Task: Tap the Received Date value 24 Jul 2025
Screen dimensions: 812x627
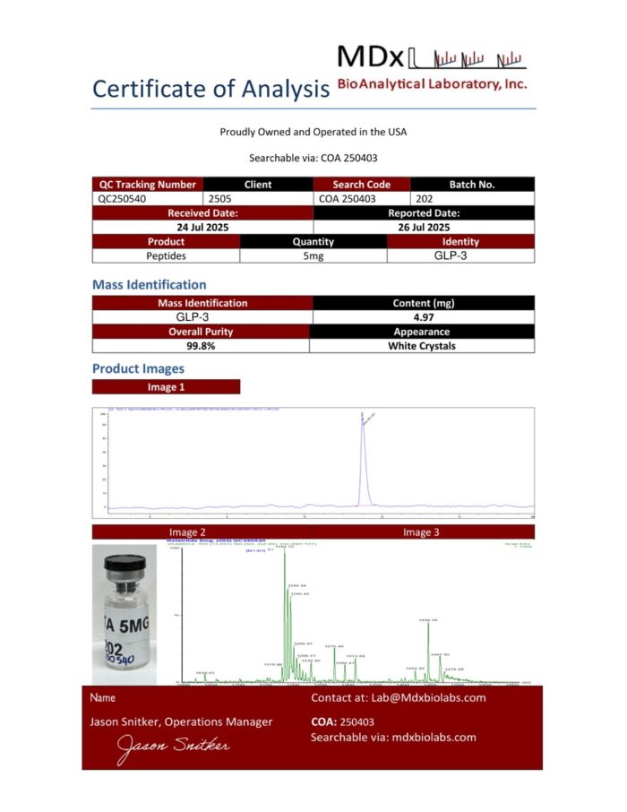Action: point(202,228)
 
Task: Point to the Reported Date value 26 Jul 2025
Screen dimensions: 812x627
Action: point(424,228)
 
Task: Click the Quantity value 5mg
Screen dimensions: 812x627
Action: point(313,255)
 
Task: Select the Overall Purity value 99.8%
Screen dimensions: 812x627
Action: point(202,345)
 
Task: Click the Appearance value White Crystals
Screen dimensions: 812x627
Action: point(423,345)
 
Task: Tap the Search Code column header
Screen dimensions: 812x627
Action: point(362,185)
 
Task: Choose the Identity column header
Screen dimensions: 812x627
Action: point(460,241)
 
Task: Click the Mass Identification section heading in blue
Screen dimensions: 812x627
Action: point(150,285)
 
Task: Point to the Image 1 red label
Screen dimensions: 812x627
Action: point(166,387)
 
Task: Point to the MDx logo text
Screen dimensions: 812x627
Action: point(370,56)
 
